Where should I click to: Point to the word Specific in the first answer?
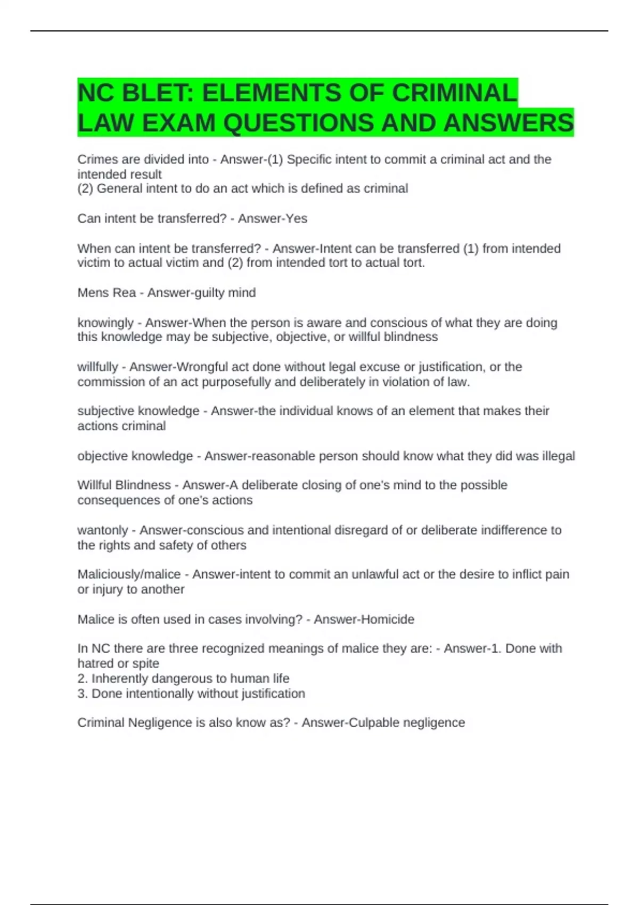(309, 160)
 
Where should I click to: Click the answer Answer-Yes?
(273, 219)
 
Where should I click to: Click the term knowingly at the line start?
(105, 323)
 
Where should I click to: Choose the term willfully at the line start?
(97, 367)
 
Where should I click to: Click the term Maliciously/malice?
(129, 574)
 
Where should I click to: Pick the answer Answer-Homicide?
(364, 620)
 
